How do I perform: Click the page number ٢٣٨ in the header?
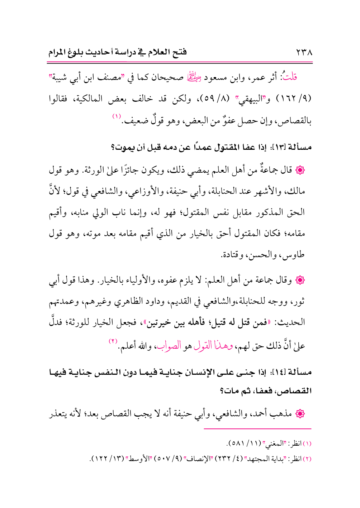click(304, 53)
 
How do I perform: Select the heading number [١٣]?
click(279, 147)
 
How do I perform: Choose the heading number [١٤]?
click(279, 373)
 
